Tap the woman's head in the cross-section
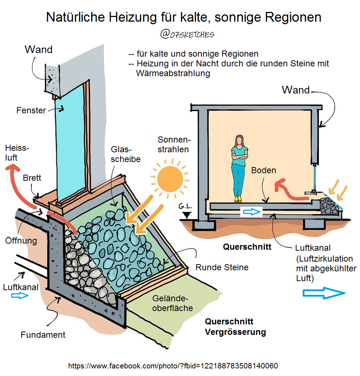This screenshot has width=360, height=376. [239, 141]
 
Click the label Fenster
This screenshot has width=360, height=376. [31, 110]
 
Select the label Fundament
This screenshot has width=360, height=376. [43, 335]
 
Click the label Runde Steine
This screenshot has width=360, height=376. [222, 267]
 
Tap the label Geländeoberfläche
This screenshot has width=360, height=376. [172, 303]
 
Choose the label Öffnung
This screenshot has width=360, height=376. [21, 240]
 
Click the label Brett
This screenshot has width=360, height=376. [32, 178]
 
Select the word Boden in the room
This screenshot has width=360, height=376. [264, 170]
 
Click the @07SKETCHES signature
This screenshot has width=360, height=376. [187, 34]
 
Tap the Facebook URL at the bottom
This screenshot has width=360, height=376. [173, 366]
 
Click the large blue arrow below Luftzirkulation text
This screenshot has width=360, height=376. [323, 293]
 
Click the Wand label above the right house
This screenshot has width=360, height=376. [296, 90]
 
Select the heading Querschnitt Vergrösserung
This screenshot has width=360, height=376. [235, 327]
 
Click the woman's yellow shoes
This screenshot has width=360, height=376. [238, 198]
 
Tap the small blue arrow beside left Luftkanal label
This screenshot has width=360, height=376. [19, 296]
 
